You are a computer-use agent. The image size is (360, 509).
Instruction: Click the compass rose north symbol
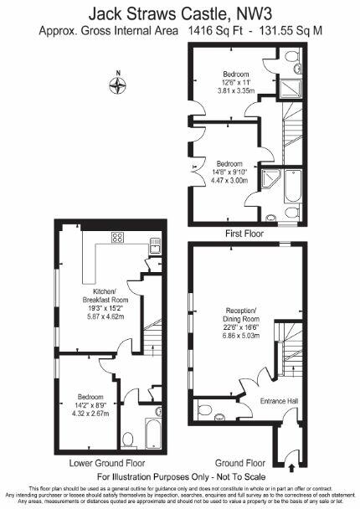(119, 84)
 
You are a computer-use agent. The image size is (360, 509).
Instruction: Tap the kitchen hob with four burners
(117, 237)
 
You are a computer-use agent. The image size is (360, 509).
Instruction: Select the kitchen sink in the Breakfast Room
(156, 244)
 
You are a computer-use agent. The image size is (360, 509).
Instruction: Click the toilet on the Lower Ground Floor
(128, 439)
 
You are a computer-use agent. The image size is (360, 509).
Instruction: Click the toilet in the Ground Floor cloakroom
(205, 409)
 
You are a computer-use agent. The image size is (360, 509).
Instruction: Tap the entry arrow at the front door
(291, 456)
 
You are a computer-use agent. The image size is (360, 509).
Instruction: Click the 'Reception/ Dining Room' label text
(240, 315)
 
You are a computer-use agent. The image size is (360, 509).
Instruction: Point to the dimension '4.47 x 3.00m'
(229, 179)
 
